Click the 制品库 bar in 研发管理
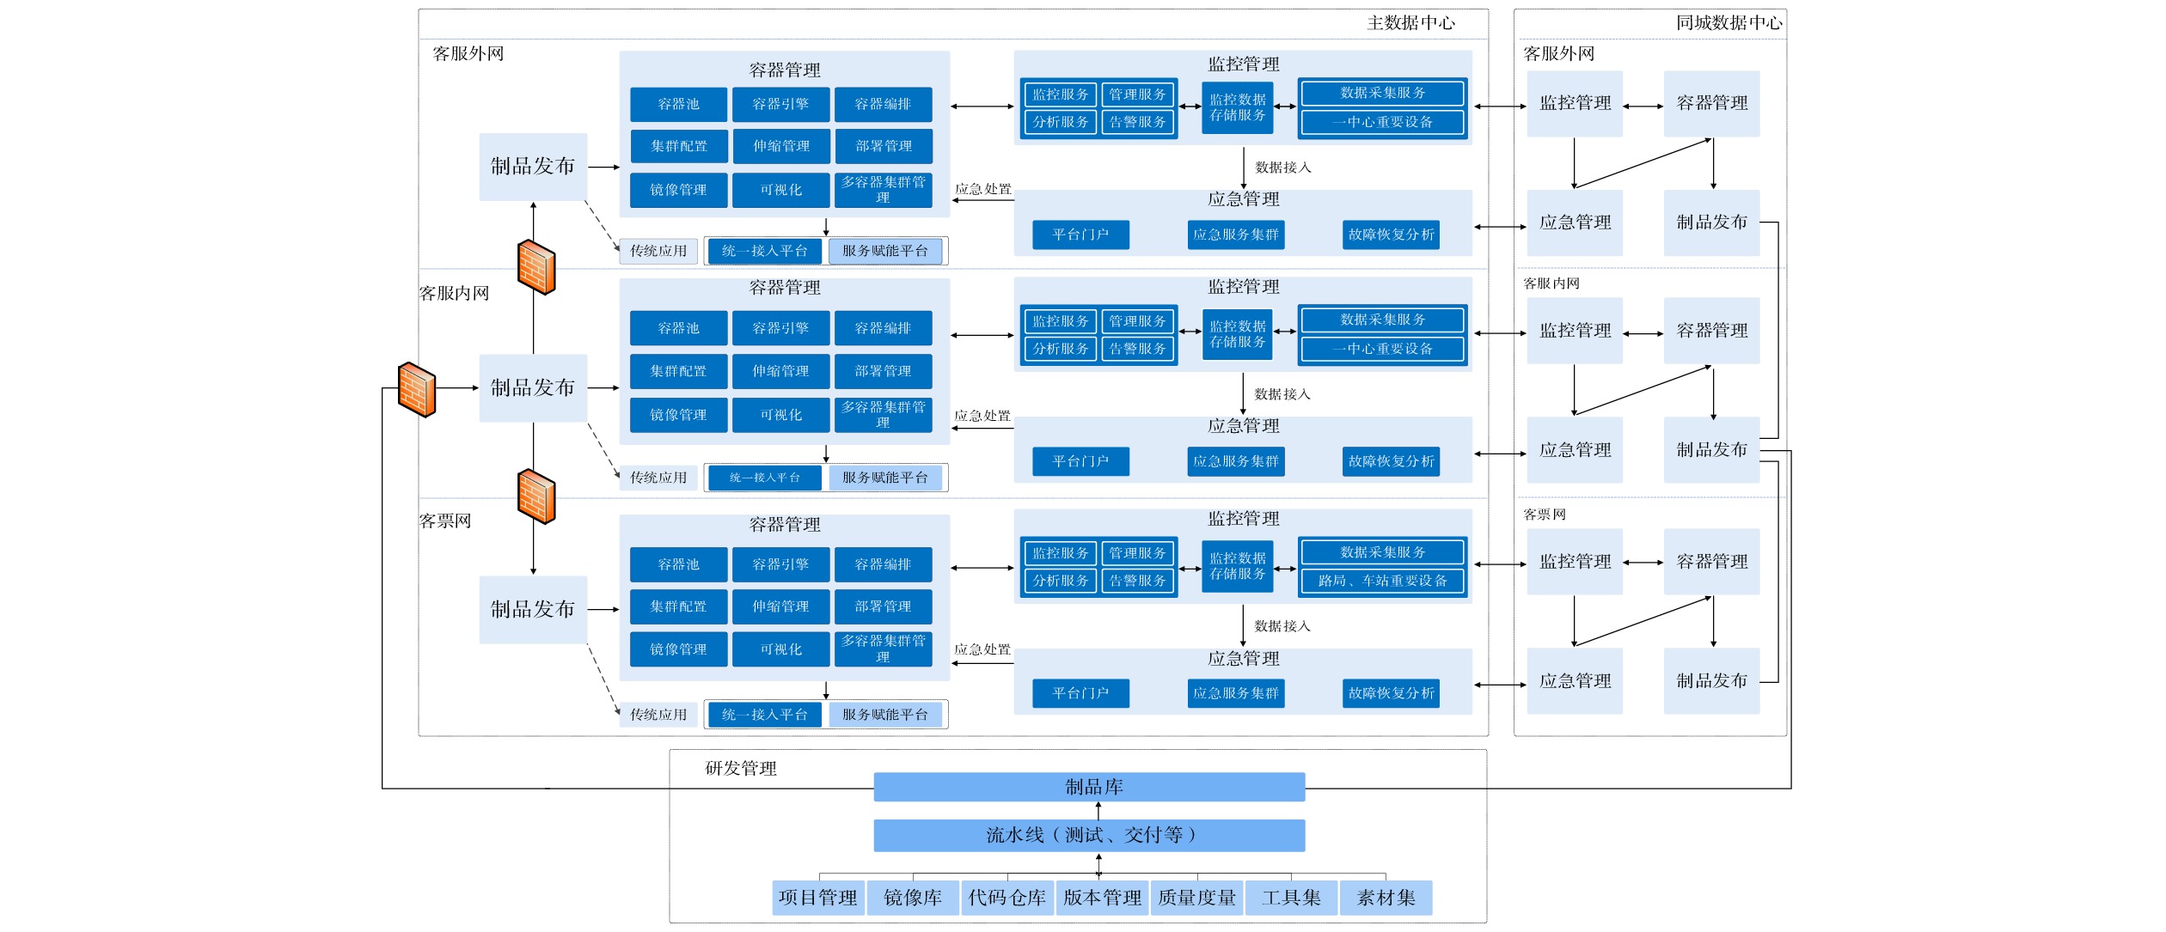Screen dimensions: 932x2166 tap(1089, 787)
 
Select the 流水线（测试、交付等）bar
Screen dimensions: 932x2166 tap(1089, 835)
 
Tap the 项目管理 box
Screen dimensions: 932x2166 tap(817, 898)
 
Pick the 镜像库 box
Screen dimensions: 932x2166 tap(912, 898)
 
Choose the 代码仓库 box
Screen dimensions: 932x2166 tap(1007, 898)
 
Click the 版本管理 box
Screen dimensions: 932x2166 tap(1102, 898)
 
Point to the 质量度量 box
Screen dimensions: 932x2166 tap(1196, 898)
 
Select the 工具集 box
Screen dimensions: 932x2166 tap(1291, 898)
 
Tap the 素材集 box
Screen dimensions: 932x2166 tap(1386, 898)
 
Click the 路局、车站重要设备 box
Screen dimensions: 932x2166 tap(1382, 582)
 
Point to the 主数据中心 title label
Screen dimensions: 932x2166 tap(1410, 23)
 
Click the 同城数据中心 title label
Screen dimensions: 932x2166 tap(1729, 23)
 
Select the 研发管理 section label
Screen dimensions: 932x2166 tap(741, 769)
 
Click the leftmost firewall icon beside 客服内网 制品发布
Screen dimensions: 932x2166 tap(417, 390)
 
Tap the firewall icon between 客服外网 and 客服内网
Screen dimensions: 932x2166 tap(536, 267)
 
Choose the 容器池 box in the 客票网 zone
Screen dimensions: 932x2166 tap(678, 564)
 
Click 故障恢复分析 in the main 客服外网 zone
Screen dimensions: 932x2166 tap(1391, 235)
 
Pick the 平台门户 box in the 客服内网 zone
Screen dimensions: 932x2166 tap(1080, 461)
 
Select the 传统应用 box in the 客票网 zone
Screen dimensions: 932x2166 tap(658, 715)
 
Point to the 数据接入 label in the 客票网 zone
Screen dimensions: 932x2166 tap(1282, 626)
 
